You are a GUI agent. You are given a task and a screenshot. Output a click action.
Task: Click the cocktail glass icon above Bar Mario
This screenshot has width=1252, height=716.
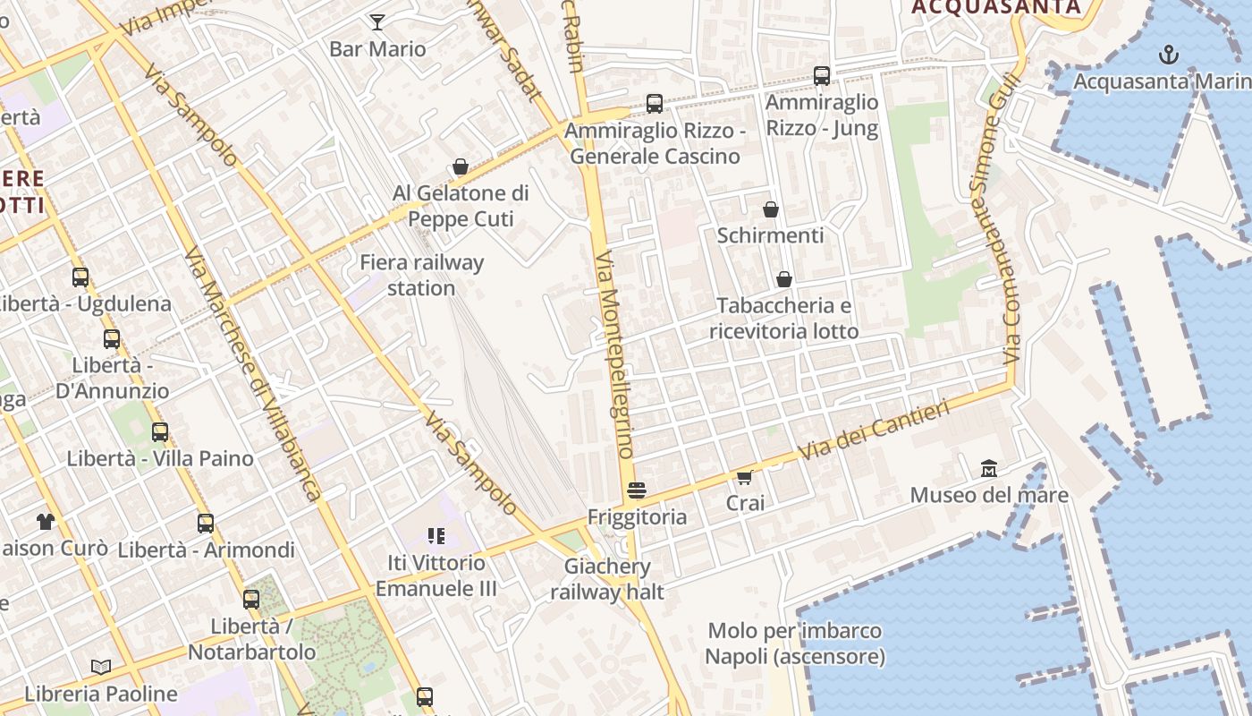[x=377, y=22]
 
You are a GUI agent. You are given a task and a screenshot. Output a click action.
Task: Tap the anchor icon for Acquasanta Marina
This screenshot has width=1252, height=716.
[x=1168, y=55]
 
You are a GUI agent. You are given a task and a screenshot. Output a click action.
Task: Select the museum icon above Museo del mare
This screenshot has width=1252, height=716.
[x=989, y=468]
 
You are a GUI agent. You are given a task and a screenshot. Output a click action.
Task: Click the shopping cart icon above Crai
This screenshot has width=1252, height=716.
[x=745, y=477]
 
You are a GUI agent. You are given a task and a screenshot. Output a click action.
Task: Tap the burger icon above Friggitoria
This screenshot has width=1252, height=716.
[x=637, y=490]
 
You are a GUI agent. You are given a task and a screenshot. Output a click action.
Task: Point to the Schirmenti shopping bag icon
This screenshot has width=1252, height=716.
[x=771, y=209]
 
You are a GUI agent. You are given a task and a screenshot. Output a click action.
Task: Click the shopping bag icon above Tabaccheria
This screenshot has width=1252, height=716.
[x=784, y=279]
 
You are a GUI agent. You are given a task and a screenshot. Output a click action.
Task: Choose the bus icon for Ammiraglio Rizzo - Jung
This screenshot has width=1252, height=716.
[x=822, y=76]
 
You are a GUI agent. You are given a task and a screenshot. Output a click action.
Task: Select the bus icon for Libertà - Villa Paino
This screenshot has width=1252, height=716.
[x=160, y=432]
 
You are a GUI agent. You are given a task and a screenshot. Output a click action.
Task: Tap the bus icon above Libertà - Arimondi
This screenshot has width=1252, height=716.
[x=206, y=524]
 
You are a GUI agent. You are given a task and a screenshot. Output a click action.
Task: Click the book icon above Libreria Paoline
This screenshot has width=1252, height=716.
[x=101, y=667]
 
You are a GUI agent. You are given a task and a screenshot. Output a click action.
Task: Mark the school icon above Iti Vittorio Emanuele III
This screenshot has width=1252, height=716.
[x=436, y=536]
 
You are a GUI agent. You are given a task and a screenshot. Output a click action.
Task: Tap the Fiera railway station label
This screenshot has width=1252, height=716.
[x=421, y=275]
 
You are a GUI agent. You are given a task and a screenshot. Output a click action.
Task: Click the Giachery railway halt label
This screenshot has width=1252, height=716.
[x=607, y=578]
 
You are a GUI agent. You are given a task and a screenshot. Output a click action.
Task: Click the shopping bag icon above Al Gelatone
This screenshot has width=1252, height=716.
[x=461, y=166]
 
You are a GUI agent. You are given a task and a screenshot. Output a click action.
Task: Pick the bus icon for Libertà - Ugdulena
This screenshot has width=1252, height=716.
[x=80, y=277]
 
